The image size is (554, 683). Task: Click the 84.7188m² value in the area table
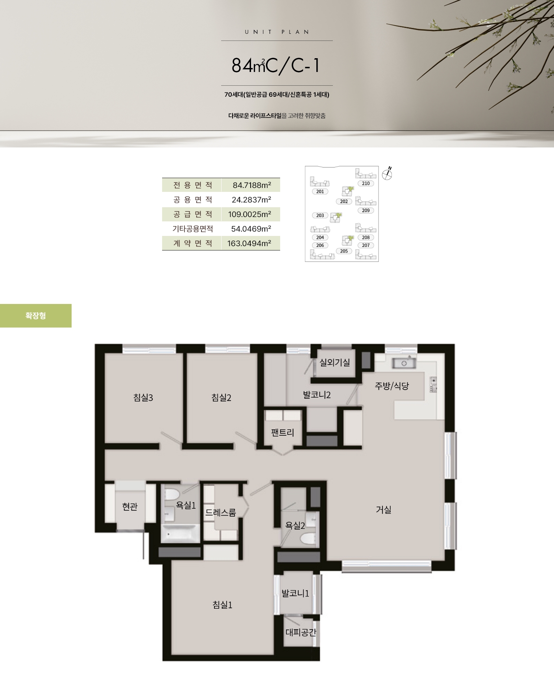(251, 185)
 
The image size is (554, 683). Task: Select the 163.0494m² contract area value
(249, 243)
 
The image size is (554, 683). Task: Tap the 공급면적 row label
(193, 214)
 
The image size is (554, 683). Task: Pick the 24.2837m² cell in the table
(251, 200)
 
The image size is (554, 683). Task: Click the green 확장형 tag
(36, 316)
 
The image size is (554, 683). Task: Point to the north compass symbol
(388, 173)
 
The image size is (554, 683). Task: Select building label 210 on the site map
(366, 183)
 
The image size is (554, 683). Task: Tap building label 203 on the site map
(320, 215)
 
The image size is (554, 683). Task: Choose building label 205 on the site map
(344, 251)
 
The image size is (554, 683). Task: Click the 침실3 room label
(143, 398)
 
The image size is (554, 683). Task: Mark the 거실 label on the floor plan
(384, 510)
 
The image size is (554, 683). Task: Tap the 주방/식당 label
(392, 386)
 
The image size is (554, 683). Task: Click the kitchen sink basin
(404, 363)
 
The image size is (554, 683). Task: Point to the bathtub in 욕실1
(181, 534)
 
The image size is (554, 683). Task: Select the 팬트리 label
(283, 433)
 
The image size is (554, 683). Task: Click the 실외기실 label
(334, 362)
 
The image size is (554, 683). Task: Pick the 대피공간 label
(301, 632)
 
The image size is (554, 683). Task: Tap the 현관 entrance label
(130, 506)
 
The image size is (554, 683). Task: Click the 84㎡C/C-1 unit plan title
(276, 66)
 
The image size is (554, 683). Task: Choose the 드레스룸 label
(221, 512)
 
